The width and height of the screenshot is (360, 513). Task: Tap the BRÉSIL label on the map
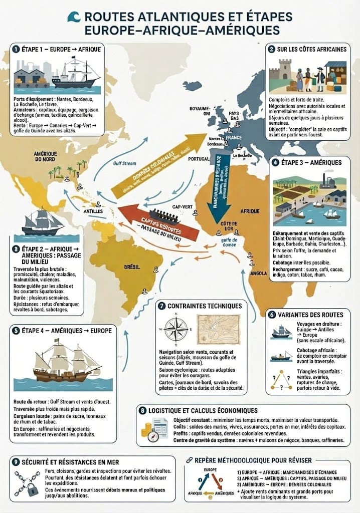tap(131, 268)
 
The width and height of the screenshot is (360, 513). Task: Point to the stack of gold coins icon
tap(147, 429)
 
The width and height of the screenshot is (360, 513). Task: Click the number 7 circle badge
tap(161, 306)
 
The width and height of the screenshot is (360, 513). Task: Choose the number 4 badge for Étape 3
tap(275, 162)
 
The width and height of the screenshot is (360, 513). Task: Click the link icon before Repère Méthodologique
tap(189, 459)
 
